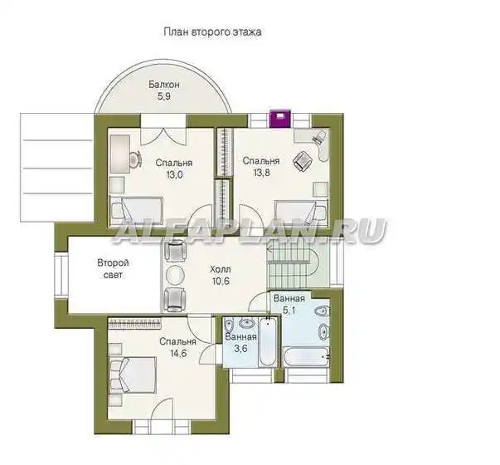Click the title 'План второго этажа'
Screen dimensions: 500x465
point(213,32)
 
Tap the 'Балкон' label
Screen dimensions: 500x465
point(164,85)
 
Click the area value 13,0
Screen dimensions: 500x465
point(174,174)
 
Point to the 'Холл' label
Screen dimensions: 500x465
point(221,270)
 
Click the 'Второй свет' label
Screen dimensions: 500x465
point(114,269)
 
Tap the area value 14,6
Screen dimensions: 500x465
point(178,354)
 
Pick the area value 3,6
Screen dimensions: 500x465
point(240,348)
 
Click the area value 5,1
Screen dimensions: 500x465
point(289,310)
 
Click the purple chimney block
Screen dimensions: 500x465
point(279,119)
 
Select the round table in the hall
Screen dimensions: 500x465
point(175,275)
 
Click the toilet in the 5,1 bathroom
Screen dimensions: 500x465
point(322,311)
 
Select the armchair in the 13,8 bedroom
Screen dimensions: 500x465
point(303,160)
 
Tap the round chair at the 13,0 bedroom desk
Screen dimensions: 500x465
point(136,159)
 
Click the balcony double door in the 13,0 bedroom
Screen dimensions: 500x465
point(163,137)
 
